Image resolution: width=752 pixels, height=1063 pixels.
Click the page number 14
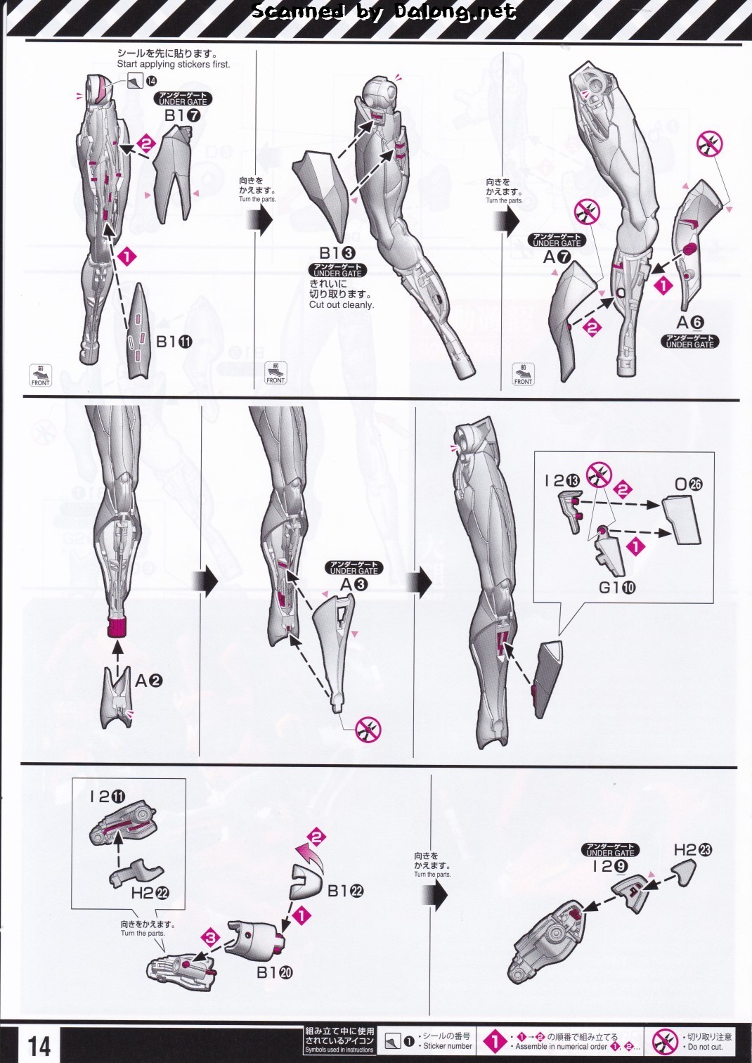tap(39, 1045)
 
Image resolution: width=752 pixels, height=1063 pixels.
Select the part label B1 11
tap(174, 342)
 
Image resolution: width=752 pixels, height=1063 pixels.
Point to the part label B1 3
tap(337, 253)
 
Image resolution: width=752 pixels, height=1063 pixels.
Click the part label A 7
tap(557, 257)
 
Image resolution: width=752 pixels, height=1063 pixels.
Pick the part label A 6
tap(689, 323)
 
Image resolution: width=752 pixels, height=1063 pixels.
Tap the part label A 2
tap(148, 681)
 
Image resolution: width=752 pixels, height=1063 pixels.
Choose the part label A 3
tap(354, 584)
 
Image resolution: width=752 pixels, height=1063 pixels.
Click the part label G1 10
tap(617, 587)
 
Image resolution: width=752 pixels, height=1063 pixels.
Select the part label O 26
tap(688, 484)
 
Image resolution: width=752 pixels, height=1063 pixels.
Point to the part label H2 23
tap(692, 849)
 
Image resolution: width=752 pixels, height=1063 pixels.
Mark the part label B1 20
tap(275, 972)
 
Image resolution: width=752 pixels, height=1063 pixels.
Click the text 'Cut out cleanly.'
tap(342, 305)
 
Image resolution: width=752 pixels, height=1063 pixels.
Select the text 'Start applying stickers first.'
tap(174, 64)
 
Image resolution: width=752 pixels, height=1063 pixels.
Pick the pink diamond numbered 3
tap(212, 937)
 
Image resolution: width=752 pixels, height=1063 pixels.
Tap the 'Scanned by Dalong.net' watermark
tap(383, 11)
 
